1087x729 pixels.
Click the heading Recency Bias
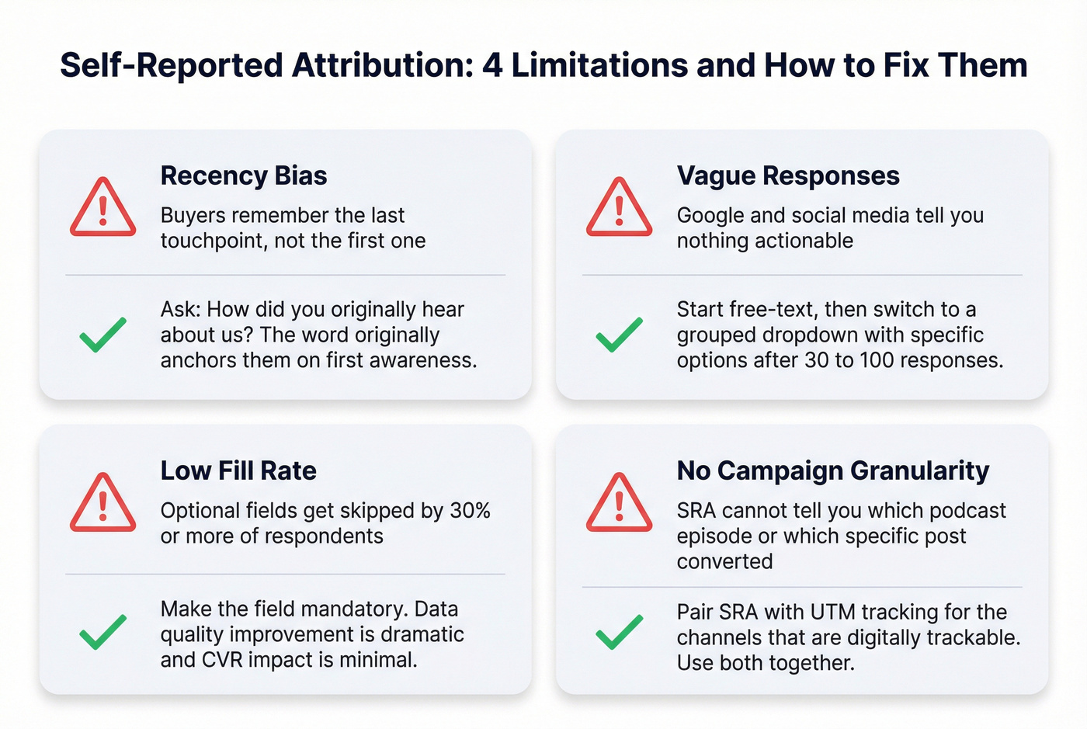click(x=244, y=175)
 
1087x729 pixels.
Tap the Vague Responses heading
click(x=788, y=175)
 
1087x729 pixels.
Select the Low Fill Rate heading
click(x=238, y=470)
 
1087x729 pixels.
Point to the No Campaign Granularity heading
click(x=833, y=470)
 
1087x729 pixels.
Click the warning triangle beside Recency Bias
click(x=103, y=208)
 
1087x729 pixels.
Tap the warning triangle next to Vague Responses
click(x=619, y=208)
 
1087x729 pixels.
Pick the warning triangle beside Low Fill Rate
click(x=103, y=503)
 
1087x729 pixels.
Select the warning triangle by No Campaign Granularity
click(x=619, y=503)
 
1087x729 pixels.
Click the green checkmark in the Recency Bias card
click(x=103, y=335)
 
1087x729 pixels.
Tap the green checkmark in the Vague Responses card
click(x=619, y=335)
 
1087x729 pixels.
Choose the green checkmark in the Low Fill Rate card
click(x=103, y=632)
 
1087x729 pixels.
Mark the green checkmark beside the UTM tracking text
click(x=619, y=632)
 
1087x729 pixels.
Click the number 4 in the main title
click(x=492, y=65)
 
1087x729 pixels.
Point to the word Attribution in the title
click(x=380, y=65)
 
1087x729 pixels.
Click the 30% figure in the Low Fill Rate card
click(x=471, y=511)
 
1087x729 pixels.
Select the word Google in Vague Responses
click(x=710, y=215)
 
